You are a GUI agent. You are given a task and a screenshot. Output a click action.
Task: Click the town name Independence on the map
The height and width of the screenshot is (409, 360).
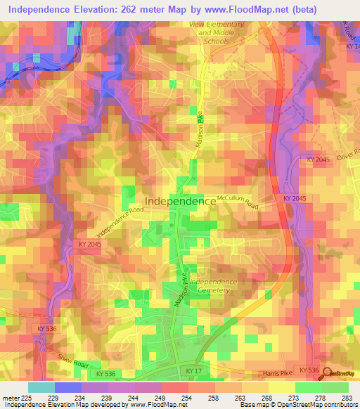[x=180, y=201]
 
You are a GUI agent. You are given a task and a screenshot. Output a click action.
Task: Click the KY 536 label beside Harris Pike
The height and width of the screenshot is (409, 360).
[x=309, y=370]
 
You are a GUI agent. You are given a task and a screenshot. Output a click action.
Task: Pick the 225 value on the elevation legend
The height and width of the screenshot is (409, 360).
[x=28, y=398]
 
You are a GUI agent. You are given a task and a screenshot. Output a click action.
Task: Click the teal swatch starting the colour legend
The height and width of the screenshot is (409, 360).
[x=41, y=387]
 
